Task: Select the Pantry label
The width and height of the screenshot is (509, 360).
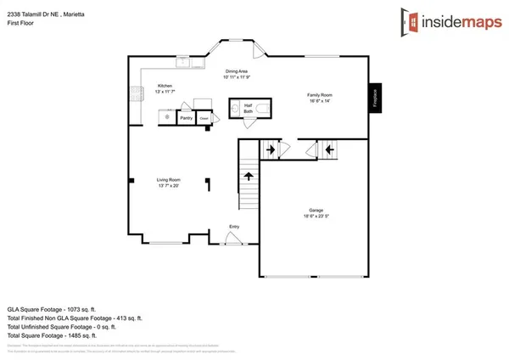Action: pos(186,117)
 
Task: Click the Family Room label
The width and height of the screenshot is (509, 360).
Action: pos(321,96)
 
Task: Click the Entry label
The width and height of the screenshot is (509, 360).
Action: pos(234,227)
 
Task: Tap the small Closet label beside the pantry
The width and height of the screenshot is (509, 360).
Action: pos(204,119)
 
